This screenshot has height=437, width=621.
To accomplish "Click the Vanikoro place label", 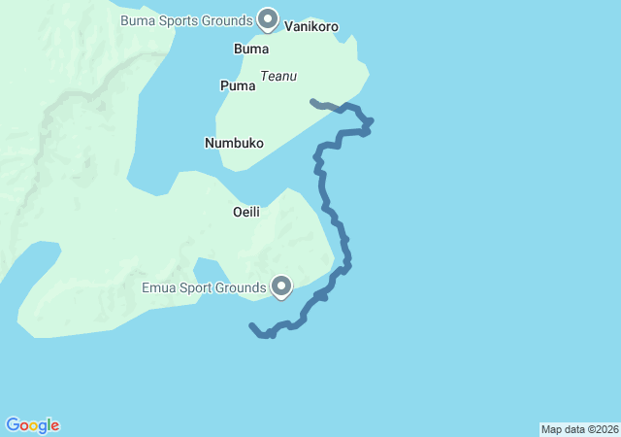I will click(x=311, y=27).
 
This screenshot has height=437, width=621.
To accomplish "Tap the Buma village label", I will click(x=251, y=49).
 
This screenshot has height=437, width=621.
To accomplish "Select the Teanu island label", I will click(x=278, y=76).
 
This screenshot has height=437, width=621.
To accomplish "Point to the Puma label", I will click(x=238, y=85).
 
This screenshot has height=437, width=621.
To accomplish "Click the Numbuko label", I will click(x=234, y=143).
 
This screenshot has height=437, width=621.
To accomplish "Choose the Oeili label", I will click(x=245, y=212).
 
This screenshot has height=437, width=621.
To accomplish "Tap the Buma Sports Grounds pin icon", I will click(x=268, y=18).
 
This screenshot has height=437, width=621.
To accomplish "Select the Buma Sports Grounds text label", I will click(x=187, y=19).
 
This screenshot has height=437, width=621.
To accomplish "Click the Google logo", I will click(x=33, y=425).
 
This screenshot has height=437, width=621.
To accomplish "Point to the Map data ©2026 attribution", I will click(x=579, y=429).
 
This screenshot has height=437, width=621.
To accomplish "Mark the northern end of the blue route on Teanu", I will click(x=311, y=101).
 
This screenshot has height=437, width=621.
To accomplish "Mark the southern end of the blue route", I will click(x=252, y=326).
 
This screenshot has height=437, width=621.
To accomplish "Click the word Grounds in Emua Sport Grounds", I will click(x=242, y=287).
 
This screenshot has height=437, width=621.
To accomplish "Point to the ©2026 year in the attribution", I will click(x=601, y=429).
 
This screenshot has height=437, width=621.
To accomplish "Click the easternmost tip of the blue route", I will click(x=372, y=121).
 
